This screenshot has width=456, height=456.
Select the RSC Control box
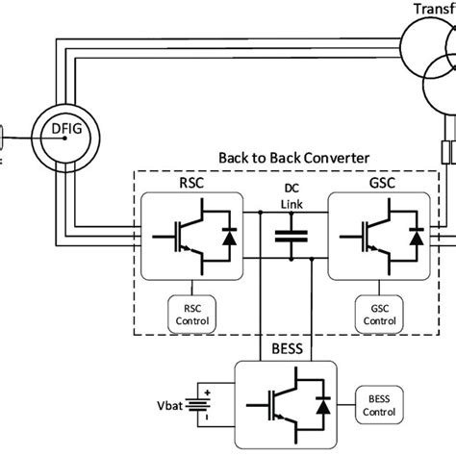pos(190,317)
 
